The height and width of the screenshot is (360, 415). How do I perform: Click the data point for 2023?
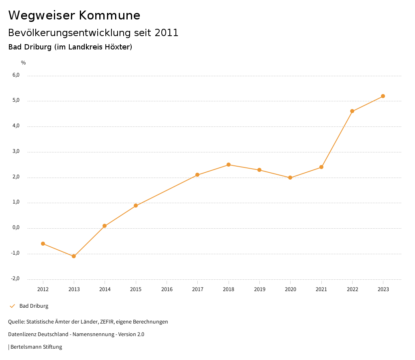383,96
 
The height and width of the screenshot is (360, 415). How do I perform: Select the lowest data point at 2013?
74,256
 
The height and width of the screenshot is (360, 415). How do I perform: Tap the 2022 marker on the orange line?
352,111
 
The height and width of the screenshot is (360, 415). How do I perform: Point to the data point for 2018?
229,165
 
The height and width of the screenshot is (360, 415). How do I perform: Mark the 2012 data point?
43,244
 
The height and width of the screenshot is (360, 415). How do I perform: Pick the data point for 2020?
290,178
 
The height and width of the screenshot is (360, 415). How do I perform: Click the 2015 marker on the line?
136,206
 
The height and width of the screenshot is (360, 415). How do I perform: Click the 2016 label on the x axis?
167,289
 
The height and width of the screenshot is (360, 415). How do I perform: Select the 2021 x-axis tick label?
321,289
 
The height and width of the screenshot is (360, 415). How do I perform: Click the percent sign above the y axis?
24,63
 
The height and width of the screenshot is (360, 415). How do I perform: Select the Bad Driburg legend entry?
34,306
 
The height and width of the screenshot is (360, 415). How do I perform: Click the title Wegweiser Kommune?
74,15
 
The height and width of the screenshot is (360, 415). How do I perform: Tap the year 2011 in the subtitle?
167,33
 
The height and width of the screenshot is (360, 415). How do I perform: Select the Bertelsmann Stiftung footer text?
36,347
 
